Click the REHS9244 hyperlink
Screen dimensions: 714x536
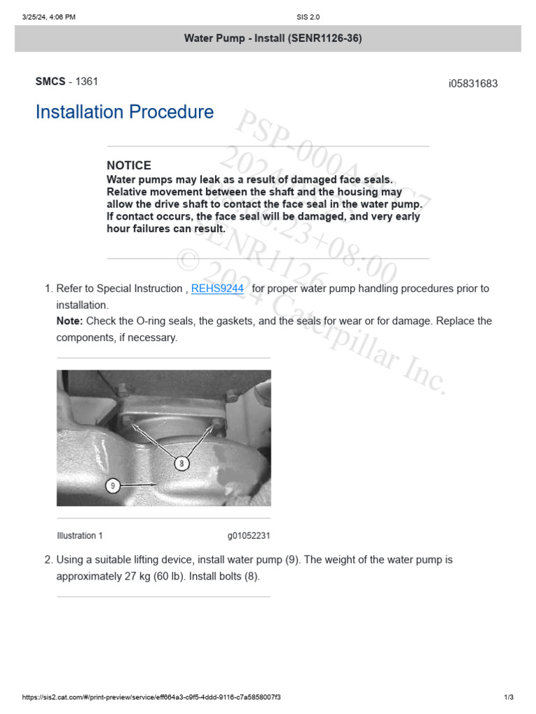click(217, 289)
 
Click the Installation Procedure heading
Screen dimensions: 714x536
click(124, 112)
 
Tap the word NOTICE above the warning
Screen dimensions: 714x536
click(128, 166)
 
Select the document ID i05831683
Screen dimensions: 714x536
click(472, 84)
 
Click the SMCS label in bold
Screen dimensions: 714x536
click(50, 82)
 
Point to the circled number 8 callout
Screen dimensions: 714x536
click(181, 462)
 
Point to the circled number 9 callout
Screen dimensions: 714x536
click(113, 485)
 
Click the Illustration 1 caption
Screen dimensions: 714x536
click(80, 535)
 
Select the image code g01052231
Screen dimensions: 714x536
click(248, 535)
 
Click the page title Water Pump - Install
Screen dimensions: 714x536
click(273, 38)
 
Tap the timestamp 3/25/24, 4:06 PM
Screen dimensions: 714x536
click(49, 17)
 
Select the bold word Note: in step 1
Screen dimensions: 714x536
click(69, 321)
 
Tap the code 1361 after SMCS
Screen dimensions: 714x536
click(87, 82)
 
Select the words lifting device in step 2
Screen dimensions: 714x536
click(166, 560)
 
